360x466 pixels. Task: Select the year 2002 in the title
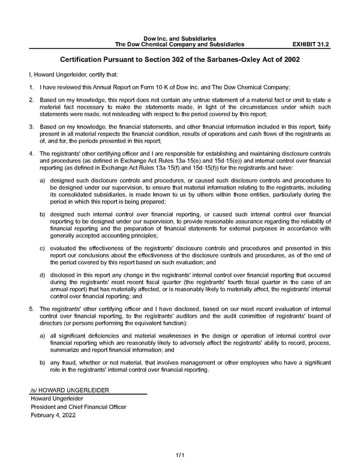[x=290, y=60]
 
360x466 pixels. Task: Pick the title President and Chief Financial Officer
[x=78, y=407]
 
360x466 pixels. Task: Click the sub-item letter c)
[x=42, y=248]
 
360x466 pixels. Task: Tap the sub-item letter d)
[x=42, y=275]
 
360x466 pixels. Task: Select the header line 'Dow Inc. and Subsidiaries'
[x=179, y=38]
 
